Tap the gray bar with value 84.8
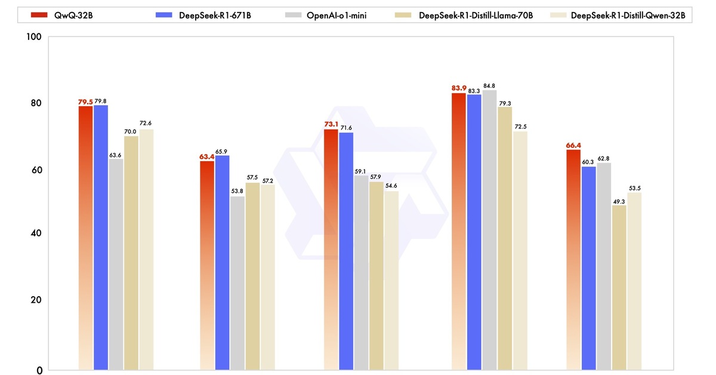pyautogui.click(x=489, y=230)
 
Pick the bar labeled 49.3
pyautogui.click(x=619, y=287)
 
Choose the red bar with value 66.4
pyautogui.click(x=573, y=260)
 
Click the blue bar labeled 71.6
pyautogui.click(x=346, y=251)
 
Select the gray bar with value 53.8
pyautogui.click(x=238, y=283)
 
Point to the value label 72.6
pyautogui.click(x=146, y=124)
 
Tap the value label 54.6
pyautogui.click(x=391, y=186)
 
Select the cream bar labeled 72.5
pyautogui.click(x=520, y=250)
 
